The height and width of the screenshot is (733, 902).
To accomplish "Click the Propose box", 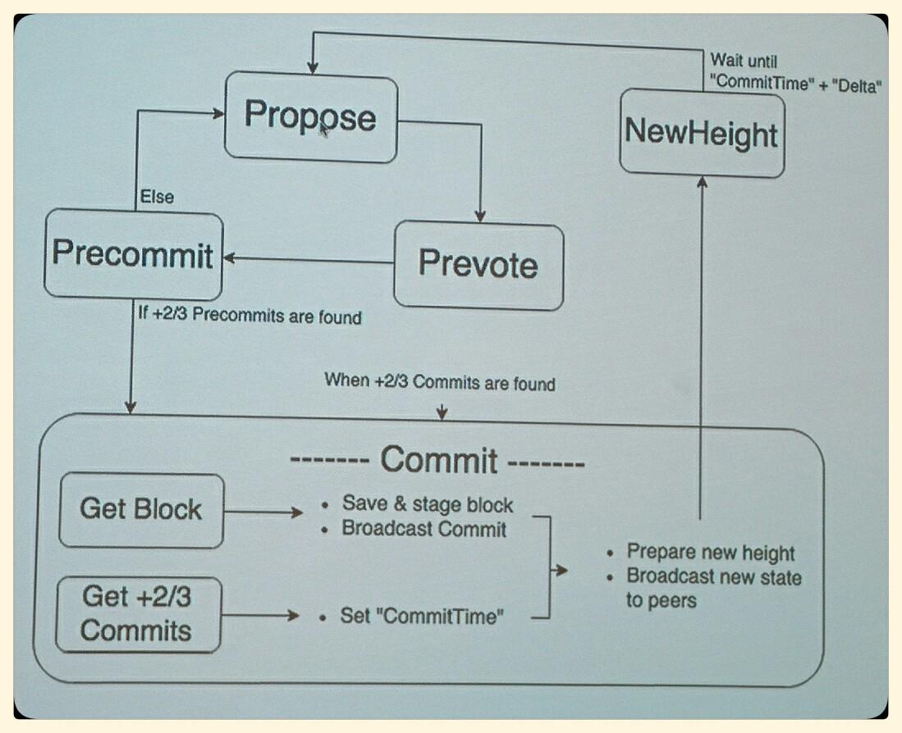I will (310, 116).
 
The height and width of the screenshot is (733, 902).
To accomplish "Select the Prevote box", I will (478, 266).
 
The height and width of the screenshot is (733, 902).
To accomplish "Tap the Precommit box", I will (133, 254).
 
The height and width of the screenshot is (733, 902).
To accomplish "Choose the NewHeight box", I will (701, 132).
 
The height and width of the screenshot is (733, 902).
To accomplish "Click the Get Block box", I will (140, 510).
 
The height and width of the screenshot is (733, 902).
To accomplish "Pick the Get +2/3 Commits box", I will (137, 614).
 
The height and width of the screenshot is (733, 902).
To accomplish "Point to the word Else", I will (157, 197).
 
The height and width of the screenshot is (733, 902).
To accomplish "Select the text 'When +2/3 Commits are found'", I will (440, 381).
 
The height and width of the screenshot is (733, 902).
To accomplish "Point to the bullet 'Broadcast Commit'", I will (424, 529).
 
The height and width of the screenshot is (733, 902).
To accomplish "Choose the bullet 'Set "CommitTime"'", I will (419, 616).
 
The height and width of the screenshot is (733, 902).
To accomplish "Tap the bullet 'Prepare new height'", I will (711, 552).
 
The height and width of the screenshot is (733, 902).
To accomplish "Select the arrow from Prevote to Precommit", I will (308, 260).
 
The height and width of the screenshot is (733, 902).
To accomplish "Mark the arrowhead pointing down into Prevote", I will (480, 216).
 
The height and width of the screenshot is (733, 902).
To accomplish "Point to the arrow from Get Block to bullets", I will (263, 513).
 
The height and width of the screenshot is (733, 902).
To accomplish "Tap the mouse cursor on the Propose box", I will (324, 128).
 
